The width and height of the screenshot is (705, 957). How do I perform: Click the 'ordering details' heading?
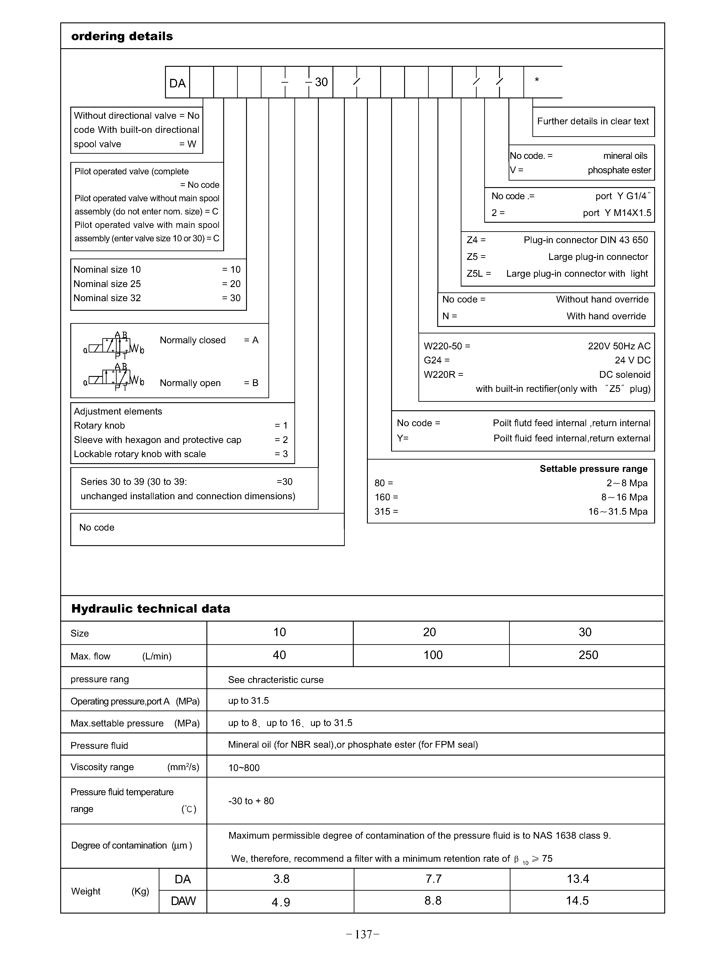coord(122,36)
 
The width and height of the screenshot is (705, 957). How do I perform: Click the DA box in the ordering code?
coord(178,83)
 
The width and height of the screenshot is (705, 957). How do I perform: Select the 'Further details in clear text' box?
coord(593,121)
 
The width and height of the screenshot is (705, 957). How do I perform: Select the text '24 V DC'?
coord(632,360)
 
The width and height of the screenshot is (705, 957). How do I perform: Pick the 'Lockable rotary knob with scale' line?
coord(140,454)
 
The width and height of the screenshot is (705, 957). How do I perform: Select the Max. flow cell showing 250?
coord(588,655)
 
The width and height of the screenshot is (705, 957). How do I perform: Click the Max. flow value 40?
coord(280,655)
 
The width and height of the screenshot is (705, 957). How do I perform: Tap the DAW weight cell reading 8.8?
coord(433,901)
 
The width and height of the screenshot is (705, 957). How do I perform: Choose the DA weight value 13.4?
coord(578,879)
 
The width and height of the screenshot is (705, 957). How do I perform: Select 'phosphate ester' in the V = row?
coord(619,170)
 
